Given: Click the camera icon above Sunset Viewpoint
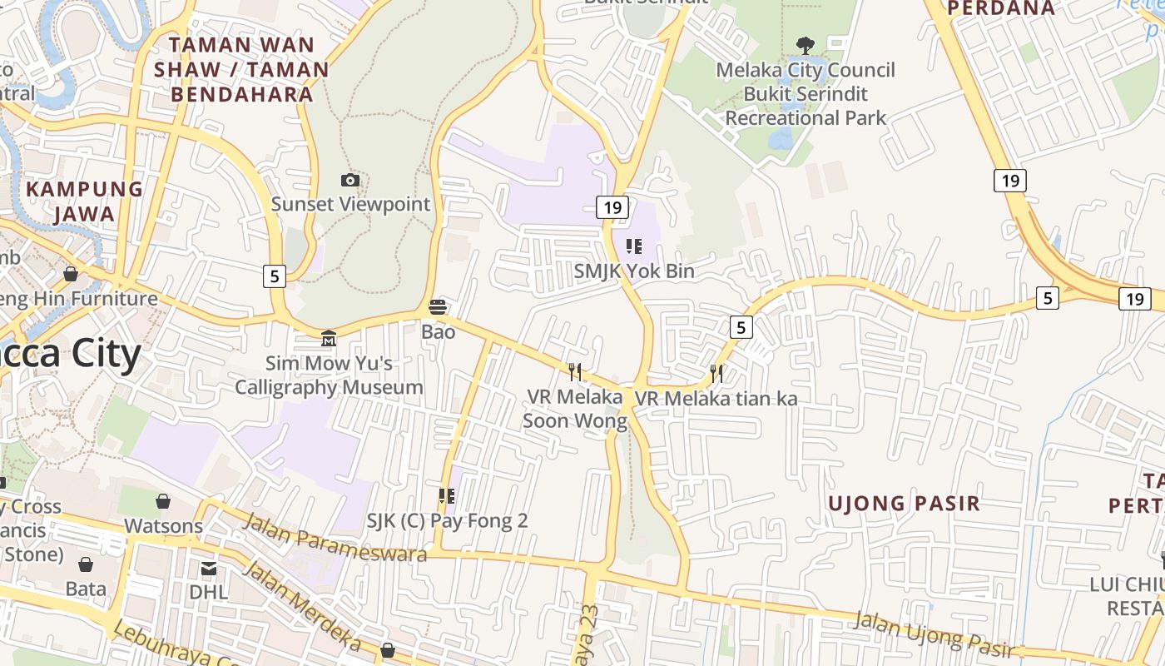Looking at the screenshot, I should click(350, 181).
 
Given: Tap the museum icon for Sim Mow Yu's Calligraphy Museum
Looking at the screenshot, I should click(329, 339).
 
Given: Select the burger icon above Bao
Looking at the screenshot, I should click(438, 307).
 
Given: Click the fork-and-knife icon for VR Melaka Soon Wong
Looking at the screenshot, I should click(574, 371).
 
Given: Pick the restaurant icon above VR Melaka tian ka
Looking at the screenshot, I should click(716, 373).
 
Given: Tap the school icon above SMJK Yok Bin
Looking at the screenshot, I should click(634, 246).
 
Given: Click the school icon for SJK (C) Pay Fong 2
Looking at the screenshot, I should click(447, 496).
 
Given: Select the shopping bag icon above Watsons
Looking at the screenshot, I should click(163, 501).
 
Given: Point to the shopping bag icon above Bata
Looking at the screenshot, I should click(85, 564).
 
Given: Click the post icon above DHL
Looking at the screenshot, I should click(208, 568).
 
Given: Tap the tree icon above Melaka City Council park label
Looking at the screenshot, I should click(805, 45).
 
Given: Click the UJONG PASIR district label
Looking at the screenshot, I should click(904, 503).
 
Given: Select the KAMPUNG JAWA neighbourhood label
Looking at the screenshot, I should click(84, 201).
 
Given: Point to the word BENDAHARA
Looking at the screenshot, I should click(242, 94).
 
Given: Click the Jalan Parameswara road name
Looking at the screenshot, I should click(335, 538).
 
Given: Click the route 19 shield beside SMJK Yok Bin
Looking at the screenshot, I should click(612, 207).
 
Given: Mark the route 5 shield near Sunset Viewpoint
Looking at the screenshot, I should click(275, 276).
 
